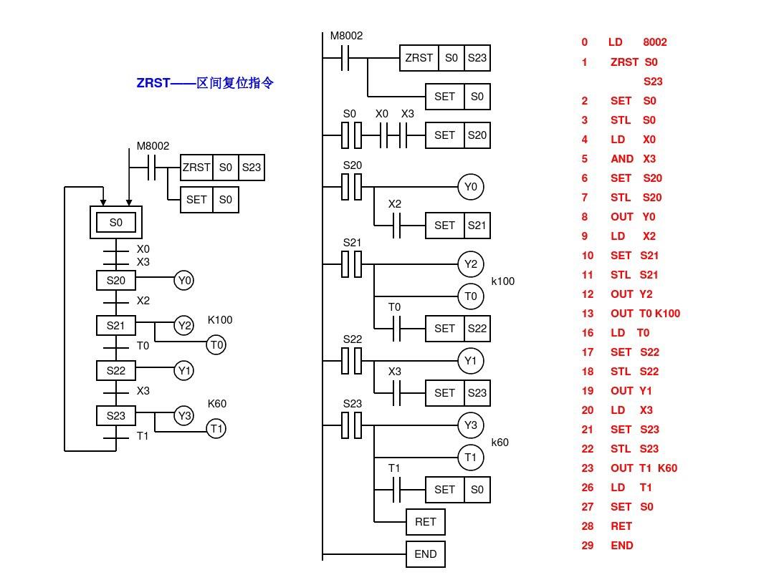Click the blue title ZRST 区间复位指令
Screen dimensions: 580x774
coord(205,83)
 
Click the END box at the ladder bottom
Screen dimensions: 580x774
coord(426,554)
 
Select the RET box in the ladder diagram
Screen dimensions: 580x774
coord(426,522)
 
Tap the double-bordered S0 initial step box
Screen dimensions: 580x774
coord(116,223)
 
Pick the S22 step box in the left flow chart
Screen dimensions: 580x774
coord(116,371)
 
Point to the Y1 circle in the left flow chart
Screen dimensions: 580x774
coord(184,371)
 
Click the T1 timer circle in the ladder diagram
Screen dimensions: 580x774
coord(470,457)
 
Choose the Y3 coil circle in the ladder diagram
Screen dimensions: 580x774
coord(470,425)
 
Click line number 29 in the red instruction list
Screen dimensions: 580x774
coord(588,546)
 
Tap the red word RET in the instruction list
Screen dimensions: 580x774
coord(621,526)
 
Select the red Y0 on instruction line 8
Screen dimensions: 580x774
coord(649,217)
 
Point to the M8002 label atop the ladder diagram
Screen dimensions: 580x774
coord(346,36)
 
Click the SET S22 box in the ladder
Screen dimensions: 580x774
coord(458,329)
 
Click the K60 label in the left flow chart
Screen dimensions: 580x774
coord(217,404)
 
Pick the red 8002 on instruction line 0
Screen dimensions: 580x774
coord(655,42)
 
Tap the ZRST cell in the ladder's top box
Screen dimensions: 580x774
coord(419,58)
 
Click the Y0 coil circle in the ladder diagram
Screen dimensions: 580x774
coord(470,187)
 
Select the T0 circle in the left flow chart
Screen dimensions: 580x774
coord(216,345)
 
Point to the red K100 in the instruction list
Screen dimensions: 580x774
coord(667,314)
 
